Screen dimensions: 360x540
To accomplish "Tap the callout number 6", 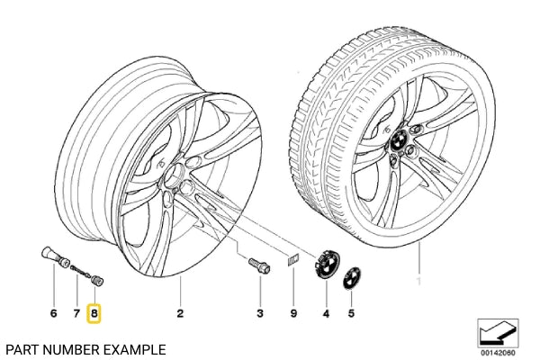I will point(53,313).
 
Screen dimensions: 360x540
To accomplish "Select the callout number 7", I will point(76,313).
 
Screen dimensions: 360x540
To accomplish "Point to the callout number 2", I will point(180,313).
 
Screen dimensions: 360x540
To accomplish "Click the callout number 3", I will point(259,313).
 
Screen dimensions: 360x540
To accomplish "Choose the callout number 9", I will point(293,313).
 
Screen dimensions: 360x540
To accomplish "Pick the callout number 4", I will point(326,313).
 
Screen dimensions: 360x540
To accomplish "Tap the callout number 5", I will point(352,313).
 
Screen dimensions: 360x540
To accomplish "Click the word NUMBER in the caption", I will point(72,347).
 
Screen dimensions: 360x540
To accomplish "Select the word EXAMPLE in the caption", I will point(135,347).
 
